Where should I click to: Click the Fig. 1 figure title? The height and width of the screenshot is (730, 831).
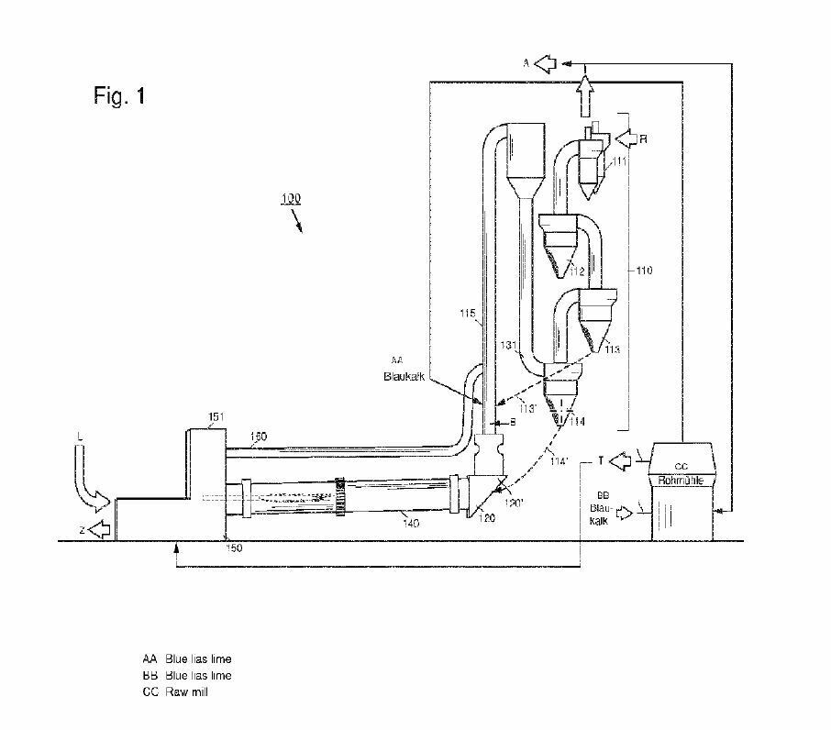(119, 95)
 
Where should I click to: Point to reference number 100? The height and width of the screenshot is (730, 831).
(291, 198)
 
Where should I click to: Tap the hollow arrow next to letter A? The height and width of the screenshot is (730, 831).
(547, 63)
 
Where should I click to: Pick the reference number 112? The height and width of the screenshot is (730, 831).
(576, 271)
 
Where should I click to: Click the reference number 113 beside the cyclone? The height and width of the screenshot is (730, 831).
(613, 348)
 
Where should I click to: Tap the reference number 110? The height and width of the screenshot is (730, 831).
(646, 271)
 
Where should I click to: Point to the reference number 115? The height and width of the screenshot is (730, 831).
(469, 315)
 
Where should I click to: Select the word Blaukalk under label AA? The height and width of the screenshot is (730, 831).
(401, 376)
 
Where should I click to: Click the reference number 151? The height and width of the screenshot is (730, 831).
(214, 417)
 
